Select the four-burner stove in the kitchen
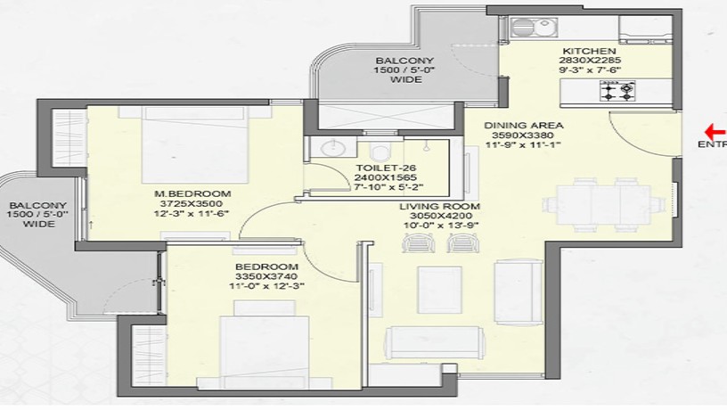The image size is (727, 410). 614,90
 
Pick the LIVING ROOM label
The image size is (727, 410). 439,206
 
